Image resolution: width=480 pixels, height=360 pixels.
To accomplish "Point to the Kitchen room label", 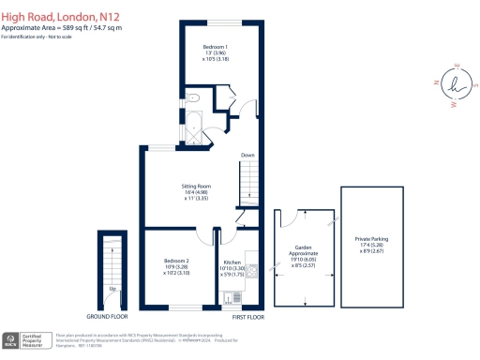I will pyautogui.click(x=232, y=262).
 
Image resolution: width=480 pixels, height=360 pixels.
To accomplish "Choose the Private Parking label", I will pyautogui.click(x=373, y=241).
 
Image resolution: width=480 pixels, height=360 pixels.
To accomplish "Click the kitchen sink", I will pyautogui.click(x=230, y=297).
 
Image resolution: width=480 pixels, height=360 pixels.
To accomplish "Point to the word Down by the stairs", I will pyautogui.click(x=247, y=155).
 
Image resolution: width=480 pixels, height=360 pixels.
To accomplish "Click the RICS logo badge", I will pyautogui.click(x=11, y=339).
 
